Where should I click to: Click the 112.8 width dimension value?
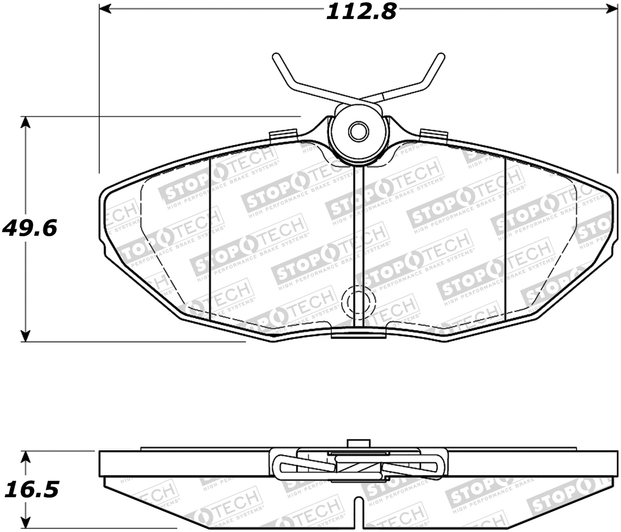tap(361, 12)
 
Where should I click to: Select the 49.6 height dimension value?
tap(29, 228)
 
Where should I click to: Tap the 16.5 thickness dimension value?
tap(31, 489)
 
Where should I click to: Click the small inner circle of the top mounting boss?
tap(358, 132)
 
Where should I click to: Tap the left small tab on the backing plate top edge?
tap(284, 135)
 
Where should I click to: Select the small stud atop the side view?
tap(358, 443)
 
